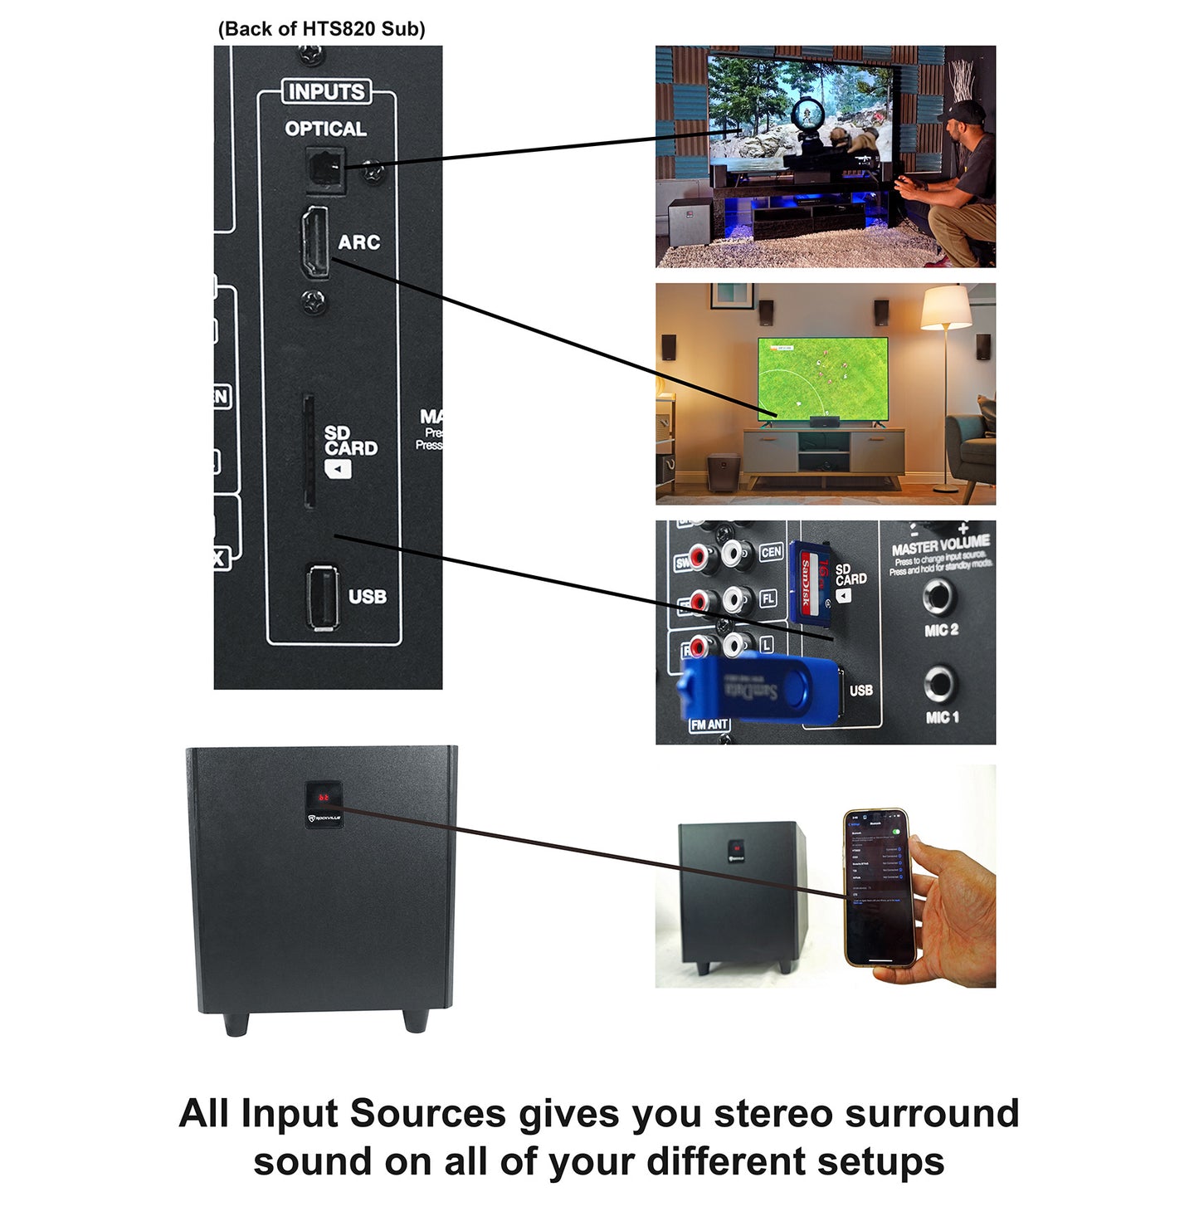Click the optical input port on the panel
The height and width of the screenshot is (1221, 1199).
pyautogui.click(x=325, y=170)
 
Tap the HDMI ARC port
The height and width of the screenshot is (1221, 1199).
pyautogui.click(x=315, y=242)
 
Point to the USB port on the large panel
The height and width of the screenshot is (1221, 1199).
pyautogui.click(x=322, y=596)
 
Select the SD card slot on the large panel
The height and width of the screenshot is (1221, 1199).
pyautogui.click(x=308, y=452)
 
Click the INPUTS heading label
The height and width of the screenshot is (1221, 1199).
pyautogui.click(x=326, y=91)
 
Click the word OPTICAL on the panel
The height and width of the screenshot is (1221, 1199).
pyautogui.click(x=325, y=129)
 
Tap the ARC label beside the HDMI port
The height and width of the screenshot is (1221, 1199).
pyautogui.click(x=359, y=242)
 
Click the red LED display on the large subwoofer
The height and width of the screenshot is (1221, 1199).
pyautogui.click(x=323, y=798)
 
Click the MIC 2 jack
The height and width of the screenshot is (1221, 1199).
pyautogui.click(x=940, y=595)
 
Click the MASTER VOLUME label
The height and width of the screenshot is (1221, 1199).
pyautogui.click(x=940, y=548)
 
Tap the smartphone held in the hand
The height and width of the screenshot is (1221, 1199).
pyautogui.click(x=878, y=886)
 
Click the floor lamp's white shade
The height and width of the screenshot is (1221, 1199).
pyautogui.click(x=946, y=308)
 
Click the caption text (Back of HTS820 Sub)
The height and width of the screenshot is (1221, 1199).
pyautogui.click(x=321, y=29)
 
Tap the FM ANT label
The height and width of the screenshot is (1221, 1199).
pyautogui.click(x=709, y=725)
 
